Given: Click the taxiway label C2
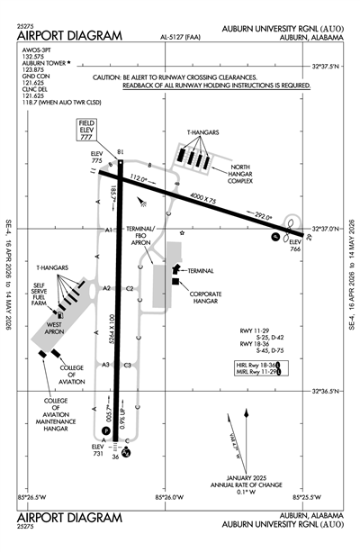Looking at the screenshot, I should (130, 288).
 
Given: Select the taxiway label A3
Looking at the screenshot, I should (105, 365).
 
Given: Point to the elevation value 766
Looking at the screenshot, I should (294, 249).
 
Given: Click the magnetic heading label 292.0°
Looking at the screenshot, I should (263, 217).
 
